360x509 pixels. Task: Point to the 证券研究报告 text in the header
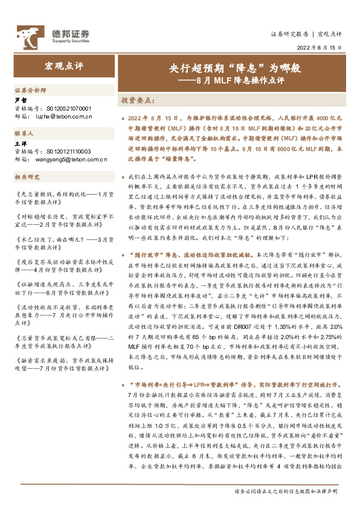tap(289, 34)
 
